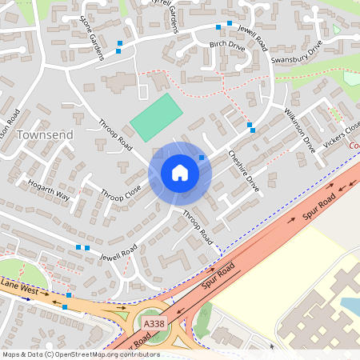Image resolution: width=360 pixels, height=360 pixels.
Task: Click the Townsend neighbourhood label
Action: [x=44, y=134]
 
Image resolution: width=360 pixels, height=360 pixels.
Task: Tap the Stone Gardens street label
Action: [x=91, y=35]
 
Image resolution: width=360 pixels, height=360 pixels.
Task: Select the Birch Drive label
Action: [x=226, y=46]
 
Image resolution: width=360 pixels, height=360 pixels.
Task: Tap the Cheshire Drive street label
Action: [x=244, y=169]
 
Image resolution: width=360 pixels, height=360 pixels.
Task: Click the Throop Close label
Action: [x=121, y=193]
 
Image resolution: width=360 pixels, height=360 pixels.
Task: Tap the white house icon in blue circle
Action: [x=180, y=173]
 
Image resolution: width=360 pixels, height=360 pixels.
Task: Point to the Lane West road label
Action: [x=19, y=285]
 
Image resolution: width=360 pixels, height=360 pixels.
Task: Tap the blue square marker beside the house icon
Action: [x=202, y=158]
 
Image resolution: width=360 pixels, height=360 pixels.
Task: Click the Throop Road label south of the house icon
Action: [x=198, y=226]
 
